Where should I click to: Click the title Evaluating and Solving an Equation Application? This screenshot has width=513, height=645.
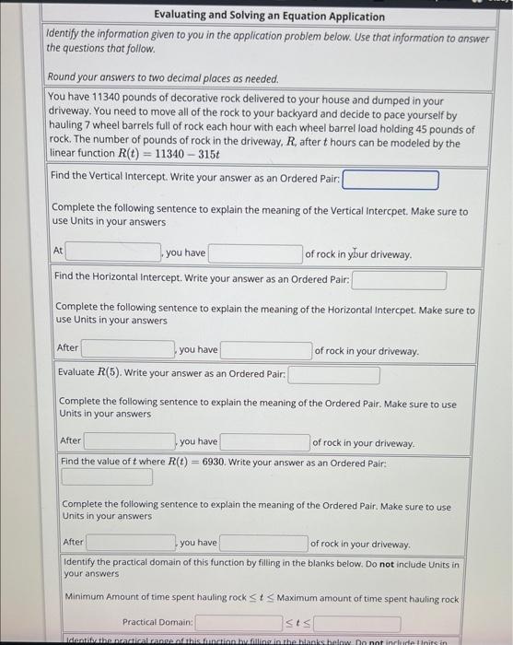point(256,15)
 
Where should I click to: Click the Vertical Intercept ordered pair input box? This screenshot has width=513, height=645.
point(391,180)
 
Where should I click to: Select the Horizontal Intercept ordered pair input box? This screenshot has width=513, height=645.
point(399,279)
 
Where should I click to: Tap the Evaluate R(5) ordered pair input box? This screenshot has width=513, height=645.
point(333,375)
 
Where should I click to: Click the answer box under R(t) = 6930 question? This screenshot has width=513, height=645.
point(108,477)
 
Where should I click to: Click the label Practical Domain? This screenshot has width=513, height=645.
point(157,623)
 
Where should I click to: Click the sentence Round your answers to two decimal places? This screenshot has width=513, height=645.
point(161,78)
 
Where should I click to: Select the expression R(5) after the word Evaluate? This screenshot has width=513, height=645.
point(109,373)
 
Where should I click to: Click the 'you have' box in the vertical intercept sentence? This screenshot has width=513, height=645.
point(256,253)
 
